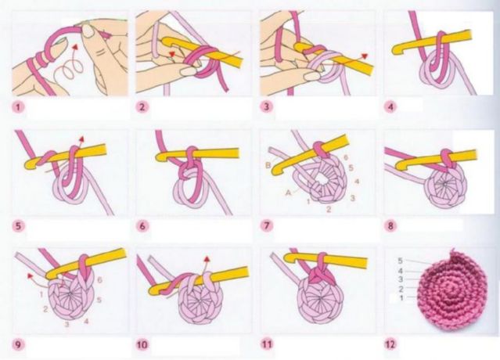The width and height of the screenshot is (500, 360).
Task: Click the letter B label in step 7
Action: pos(268,167)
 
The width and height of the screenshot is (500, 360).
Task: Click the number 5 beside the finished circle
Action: pos(400,260)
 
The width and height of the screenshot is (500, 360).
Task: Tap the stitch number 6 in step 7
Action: pos(344,159)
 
